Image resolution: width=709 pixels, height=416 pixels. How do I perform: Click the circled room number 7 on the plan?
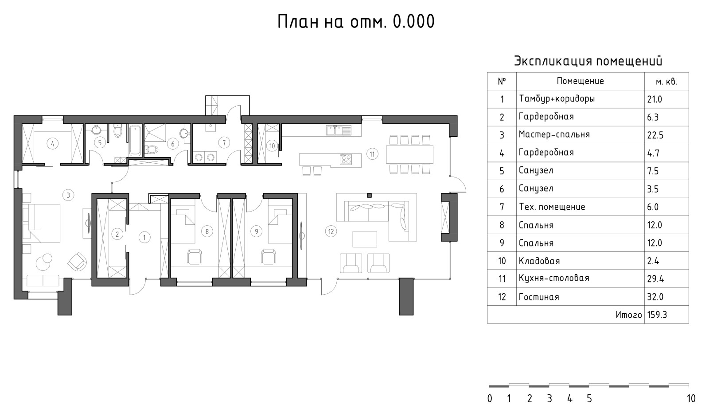(x=224, y=143)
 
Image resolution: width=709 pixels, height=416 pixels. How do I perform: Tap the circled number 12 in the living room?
(x=331, y=231)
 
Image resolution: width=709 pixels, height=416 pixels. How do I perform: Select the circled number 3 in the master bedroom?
(x=68, y=195)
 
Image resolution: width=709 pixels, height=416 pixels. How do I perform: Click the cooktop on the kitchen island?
(x=346, y=159)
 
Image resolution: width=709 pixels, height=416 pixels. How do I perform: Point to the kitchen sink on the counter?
(x=339, y=130)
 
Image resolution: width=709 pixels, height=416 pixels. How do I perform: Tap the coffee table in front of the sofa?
(x=365, y=239)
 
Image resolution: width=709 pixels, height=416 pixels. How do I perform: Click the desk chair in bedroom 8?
(x=195, y=257)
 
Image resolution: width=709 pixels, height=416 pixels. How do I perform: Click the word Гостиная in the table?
(x=539, y=297)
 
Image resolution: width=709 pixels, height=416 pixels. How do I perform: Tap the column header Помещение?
(x=580, y=81)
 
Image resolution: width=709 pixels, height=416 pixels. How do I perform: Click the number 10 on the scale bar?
(x=691, y=399)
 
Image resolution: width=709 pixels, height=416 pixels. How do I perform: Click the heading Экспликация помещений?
(x=588, y=61)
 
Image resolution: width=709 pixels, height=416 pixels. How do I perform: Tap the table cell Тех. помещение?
(x=552, y=207)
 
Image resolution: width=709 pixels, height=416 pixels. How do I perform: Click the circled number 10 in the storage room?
(x=272, y=146)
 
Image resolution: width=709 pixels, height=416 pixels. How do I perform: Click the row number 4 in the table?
(x=502, y=153)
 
